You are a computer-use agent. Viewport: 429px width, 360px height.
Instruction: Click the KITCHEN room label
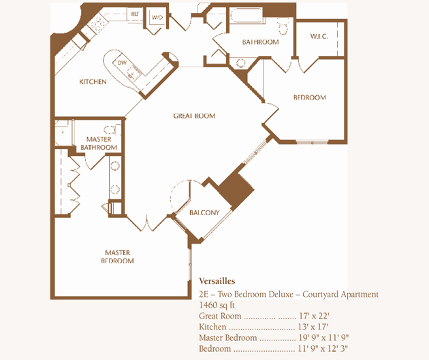pyautogui.click(x=93, y=82)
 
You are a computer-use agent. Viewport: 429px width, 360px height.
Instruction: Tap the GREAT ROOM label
pyautogui.click(x=194, y=116)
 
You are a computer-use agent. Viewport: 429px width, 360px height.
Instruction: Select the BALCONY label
pyautogui.click(x=204, y=212)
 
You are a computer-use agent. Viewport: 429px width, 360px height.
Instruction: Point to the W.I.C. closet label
pyautogui.click(x=319, y=36)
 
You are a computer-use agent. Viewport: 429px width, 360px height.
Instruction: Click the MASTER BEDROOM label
pyautogui.click(x=117, y=257)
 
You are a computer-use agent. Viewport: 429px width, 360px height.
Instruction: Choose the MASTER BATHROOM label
pyautogui.click(x=99, y=143)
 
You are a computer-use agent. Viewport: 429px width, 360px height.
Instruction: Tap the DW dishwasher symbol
pyautogui.click(x=122, y=63)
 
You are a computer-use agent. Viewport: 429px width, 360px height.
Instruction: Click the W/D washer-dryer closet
pyautogui.click(x=157, y=17)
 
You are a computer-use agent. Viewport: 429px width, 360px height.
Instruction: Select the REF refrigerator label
pyautogui.click(x=135, y=14)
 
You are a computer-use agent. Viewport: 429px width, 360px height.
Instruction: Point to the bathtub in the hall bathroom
pyautogui.click(x=247, y=15)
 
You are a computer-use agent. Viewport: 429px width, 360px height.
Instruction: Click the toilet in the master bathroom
pyautogui.click(x=113, y=129)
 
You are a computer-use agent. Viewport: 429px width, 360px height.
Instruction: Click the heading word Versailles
pyautogui.click(x=217, y=281)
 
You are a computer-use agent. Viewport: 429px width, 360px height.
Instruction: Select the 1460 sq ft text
pyautogui.click(x=217, y=305)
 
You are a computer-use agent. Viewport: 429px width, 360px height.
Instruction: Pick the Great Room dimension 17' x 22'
pyautogui.click(x=314, y=316)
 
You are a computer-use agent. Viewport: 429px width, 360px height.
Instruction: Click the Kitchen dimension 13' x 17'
pyautogui.click(x=313, y=327)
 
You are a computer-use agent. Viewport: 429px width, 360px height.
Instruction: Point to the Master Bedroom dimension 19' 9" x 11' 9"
pyautogui.click(x=323, y=338)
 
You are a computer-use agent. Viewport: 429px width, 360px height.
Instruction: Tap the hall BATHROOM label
pyautogui.click(x=260, y=42)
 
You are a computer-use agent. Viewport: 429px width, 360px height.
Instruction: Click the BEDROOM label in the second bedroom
pyautogui.click(x=309, y=97)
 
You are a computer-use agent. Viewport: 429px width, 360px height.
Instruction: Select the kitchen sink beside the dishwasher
pyautogui.click(x=133, y=73)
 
